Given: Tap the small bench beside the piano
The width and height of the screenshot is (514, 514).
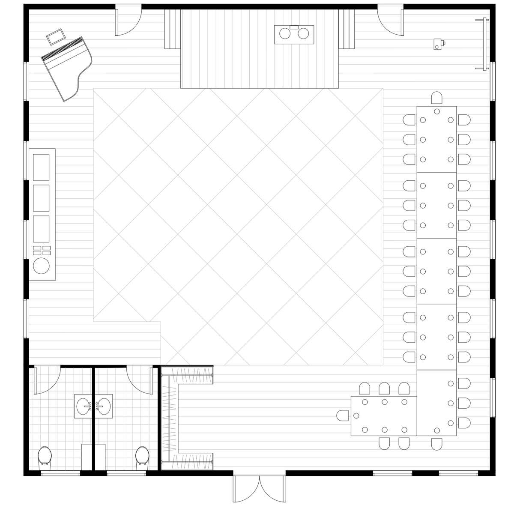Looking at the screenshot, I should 55,36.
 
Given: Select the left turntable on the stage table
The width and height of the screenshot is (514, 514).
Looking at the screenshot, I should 285,33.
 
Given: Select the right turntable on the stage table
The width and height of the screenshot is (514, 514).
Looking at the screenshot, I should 303,33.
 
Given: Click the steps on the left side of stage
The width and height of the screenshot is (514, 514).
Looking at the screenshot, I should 173,29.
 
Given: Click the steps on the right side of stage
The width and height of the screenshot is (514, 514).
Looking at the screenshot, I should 347,29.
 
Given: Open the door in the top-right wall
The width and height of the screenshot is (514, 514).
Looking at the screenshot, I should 390,21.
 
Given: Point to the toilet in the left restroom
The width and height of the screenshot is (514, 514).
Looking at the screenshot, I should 45,457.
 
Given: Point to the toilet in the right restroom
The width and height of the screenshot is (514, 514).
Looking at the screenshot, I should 142,457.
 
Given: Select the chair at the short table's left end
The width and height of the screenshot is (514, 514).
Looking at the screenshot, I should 343,415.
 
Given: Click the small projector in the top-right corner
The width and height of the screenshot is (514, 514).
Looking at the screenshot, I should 438,43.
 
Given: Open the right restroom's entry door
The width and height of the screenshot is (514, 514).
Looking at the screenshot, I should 139,379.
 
